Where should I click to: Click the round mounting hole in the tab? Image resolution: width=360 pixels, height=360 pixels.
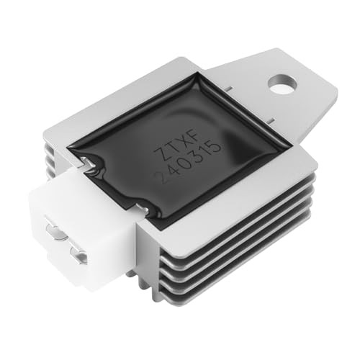tap(283, 84)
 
